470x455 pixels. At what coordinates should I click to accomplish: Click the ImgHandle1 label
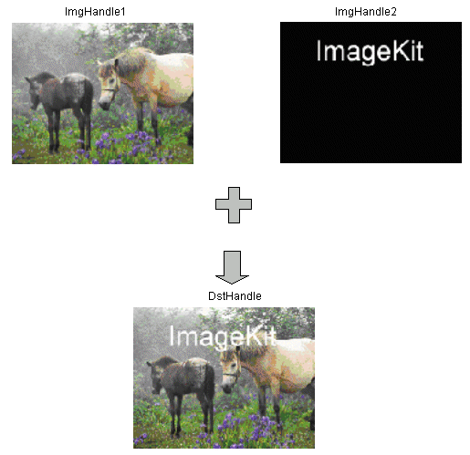pos(95,12)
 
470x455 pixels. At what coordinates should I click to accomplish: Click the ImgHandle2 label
pos(366,12)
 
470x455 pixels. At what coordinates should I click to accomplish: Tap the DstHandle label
pos(235,296)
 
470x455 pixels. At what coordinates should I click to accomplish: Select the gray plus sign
pos(234,205)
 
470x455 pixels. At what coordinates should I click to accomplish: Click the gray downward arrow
pos(232,267)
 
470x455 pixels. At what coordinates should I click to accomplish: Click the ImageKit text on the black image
pos(370,52)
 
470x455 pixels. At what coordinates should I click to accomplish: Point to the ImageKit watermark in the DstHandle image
pos(223,337)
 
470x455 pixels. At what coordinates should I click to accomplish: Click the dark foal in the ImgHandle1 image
pos(61,109)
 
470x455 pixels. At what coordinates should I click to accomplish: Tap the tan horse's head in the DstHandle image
pos(230,369)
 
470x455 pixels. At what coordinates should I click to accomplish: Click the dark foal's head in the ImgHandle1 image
pos(34,91)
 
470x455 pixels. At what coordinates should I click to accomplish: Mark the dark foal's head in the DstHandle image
pos(156,377)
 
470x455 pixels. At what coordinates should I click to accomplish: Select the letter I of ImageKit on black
pos(319,51)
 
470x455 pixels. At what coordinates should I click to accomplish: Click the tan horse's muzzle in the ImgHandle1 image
pos(104,103)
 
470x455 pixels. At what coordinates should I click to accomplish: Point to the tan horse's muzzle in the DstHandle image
pos(226,388)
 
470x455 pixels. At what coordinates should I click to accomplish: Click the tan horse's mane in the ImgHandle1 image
pos(131,62)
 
